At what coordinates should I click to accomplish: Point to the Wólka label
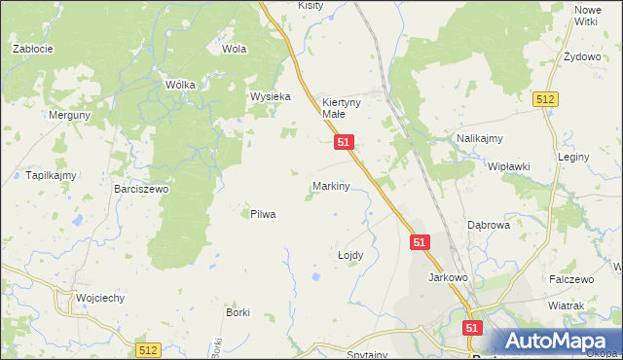click(x=180, y=85)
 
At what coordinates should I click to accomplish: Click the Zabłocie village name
click(x=32, y=48)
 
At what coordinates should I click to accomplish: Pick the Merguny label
click(x=70, y=114)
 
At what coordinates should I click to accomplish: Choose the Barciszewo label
click(x=141, y=189)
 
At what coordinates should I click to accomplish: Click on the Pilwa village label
click(x=263, y=214)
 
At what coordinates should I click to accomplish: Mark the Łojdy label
click(x=349, y=255)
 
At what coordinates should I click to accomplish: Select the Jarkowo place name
click(x=449, y=277)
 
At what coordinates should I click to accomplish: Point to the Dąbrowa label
click(x=489, y=224)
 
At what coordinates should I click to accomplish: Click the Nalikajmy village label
click(x=479, y=139)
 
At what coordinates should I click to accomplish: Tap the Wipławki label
click(x=508, y=166)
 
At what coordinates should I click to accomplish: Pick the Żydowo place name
click(x=582, y=56)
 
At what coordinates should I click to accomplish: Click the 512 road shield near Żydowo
click(x=544, y=99)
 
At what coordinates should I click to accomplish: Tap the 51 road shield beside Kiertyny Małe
click(x=344, y=142)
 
